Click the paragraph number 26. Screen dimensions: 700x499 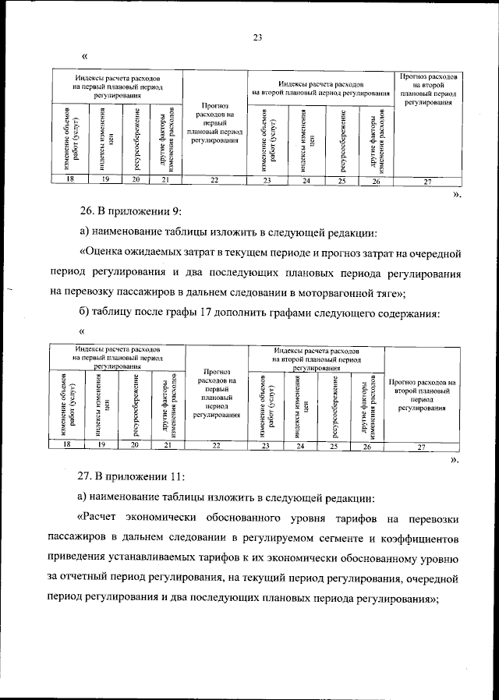coord(87,210)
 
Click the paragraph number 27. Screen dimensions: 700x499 coord(87,475)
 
